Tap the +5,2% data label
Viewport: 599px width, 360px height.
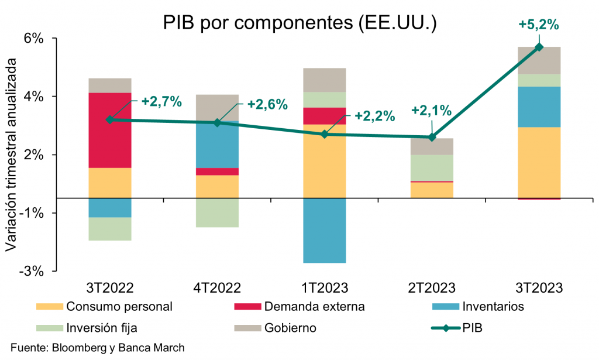pos(539,25)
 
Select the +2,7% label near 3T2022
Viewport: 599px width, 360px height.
pos(161,102)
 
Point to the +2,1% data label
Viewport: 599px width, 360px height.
pos(431,110)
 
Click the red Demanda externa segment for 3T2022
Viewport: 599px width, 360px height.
pos(110,130)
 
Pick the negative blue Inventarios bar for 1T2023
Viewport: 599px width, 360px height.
pos(325,230)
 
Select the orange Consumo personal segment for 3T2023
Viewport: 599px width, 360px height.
pos(539,162)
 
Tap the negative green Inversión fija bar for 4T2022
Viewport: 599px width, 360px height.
pos(217,212)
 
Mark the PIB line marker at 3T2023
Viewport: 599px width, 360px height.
pos(539,47)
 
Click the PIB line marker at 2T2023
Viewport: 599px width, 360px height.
pos(432,137)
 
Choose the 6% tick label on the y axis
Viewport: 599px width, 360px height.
pos(34,39)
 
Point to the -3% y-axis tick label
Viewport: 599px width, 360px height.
pos(33,271)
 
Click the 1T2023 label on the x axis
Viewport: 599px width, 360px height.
pos(324,288)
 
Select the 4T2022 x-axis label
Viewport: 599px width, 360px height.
pos(217,288)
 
